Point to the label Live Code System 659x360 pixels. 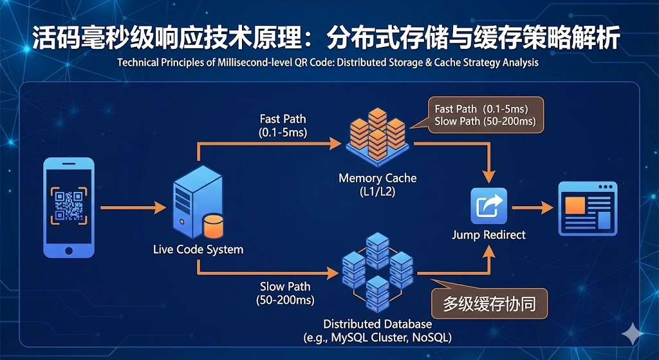198,249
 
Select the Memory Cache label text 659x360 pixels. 378,178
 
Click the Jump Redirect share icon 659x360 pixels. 488,207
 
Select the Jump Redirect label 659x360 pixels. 488,234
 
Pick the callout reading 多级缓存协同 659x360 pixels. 490,303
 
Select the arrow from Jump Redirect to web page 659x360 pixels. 532,207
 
